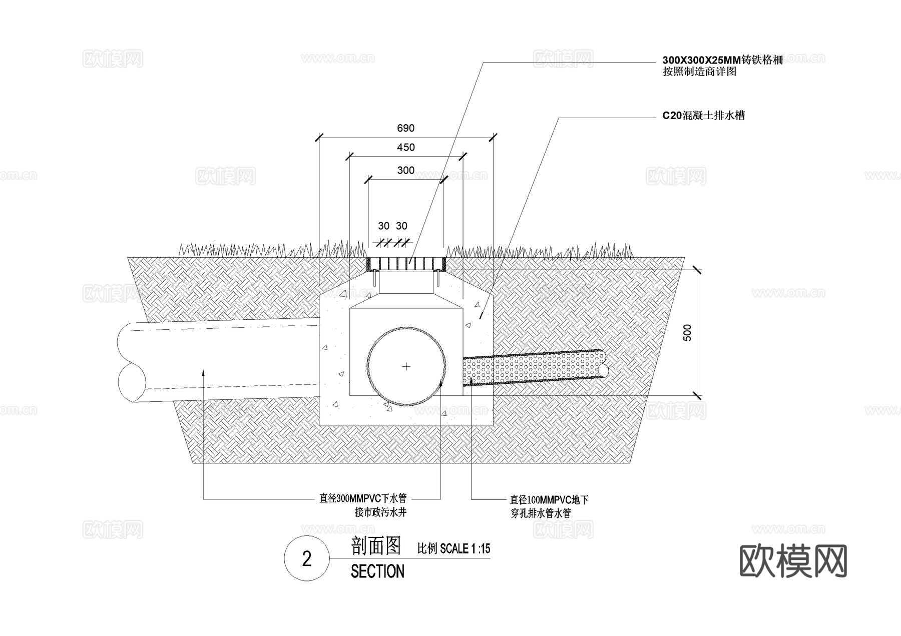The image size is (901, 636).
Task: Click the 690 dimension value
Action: (405, 128)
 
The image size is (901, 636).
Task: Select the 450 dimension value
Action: (405, 147)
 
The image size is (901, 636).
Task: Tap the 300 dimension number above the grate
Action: (405, 170)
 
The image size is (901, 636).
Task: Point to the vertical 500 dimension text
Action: (687, 333)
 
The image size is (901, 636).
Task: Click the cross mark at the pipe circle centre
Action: (406, 367)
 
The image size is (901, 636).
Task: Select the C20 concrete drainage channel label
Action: (703, 116)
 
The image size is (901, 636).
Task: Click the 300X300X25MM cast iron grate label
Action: (722, 61)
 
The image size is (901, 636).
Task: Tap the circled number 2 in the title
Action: (307, 558)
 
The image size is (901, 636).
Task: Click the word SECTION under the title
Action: (377, 571)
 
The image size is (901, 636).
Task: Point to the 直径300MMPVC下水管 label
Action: (363, 498)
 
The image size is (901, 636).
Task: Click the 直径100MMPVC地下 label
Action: (549, 499)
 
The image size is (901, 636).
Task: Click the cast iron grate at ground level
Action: (406, 263)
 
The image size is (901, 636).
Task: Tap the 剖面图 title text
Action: (376, 546)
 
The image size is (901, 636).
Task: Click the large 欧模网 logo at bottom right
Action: (793, 561)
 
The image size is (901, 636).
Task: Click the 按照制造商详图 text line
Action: (699, 72)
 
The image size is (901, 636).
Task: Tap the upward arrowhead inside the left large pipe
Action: (203, 371)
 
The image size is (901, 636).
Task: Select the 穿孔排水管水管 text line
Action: (541, 513)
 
